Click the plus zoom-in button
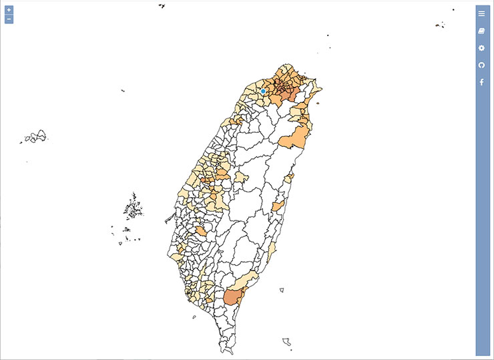9,10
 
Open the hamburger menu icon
481,13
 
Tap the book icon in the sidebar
481,31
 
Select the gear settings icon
481,48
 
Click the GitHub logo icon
481,65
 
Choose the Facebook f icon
481,82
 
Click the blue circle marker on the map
263,91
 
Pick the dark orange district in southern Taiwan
231,297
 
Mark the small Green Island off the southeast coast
282,289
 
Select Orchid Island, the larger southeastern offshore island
287,342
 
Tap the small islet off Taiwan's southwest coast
194,318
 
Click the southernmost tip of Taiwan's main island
222,351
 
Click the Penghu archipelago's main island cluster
134,208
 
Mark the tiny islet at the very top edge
162,6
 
